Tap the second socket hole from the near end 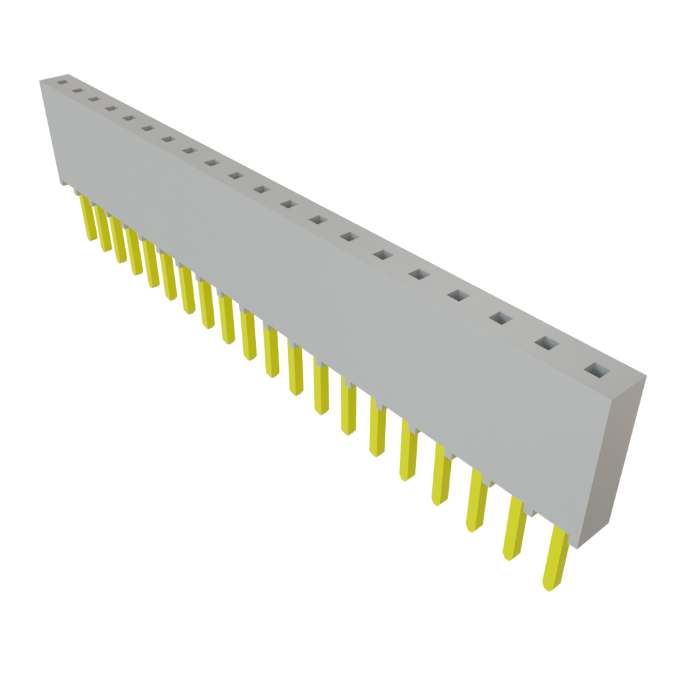(x=545, y=342)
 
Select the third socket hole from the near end (x=499, y=318)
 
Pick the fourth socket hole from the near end (x=458, y=295)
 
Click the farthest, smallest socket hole (x=62, y=83)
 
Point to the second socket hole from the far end (x=77, y=91)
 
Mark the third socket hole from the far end (x=93, y=100)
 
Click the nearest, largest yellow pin (x=555, y=560)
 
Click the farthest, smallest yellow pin (x=86, y=217)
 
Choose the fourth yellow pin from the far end (x=135, y=253)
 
